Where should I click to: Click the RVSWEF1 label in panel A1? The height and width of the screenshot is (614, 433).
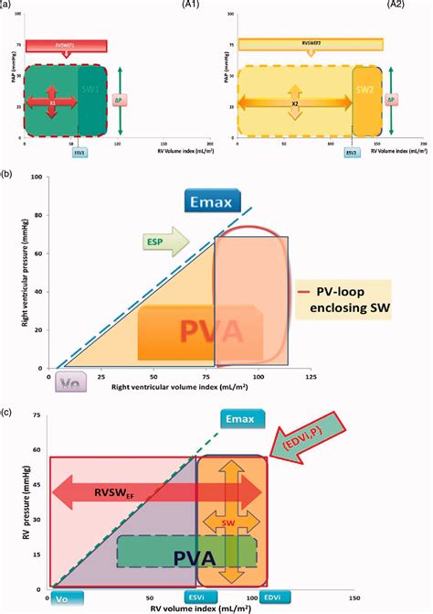(x=66, y=44)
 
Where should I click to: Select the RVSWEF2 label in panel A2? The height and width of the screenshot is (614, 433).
(x=313, y=42)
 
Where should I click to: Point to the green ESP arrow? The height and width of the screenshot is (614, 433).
(x=164, y=242)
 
